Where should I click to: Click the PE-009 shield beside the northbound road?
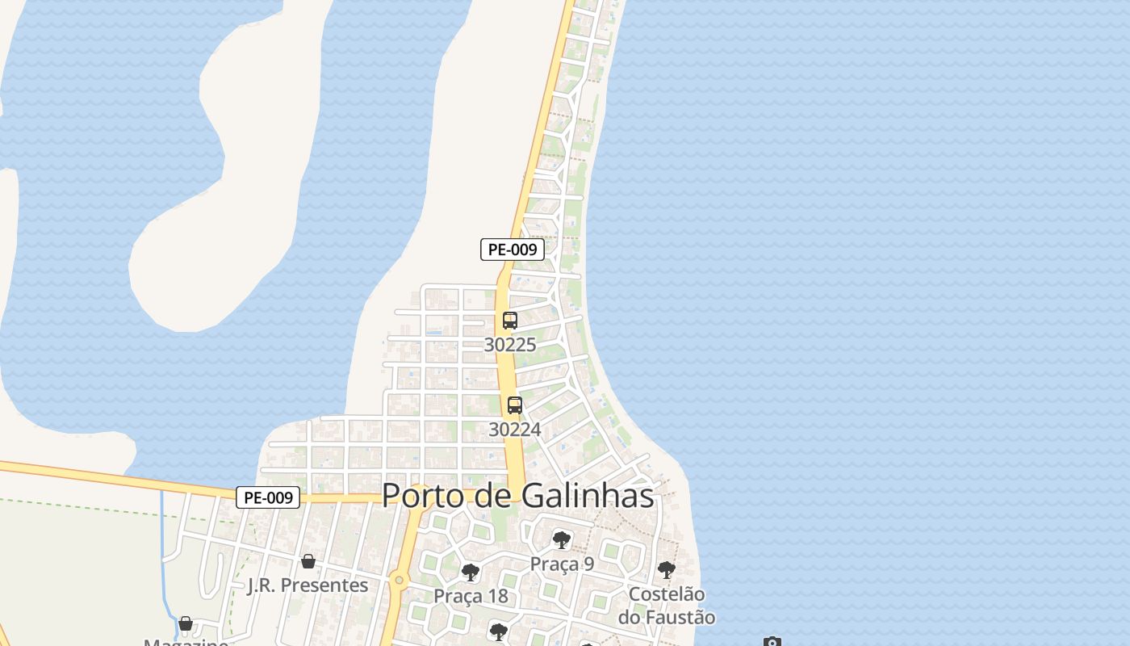[513, 250]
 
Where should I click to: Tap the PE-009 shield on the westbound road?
[268, 497]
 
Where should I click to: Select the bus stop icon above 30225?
[509, 320]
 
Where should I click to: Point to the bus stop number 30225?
[510, 345]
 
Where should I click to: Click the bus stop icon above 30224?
[515, 405]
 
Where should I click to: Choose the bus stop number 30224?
[515, 430]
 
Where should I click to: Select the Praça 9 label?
[562, 564]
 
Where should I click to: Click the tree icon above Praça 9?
[562, 539]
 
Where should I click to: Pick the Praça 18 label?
[471, 596]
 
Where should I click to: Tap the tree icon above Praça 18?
[470, 573]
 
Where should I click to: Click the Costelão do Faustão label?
[667, 606]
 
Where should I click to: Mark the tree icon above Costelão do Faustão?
[666, 570]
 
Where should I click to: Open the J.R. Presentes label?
[308, 585]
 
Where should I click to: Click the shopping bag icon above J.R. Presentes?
[308, 561]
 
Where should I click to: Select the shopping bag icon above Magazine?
[186, 623]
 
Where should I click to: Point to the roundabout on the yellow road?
[398, 580]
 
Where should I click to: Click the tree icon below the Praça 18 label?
[498, 631]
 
